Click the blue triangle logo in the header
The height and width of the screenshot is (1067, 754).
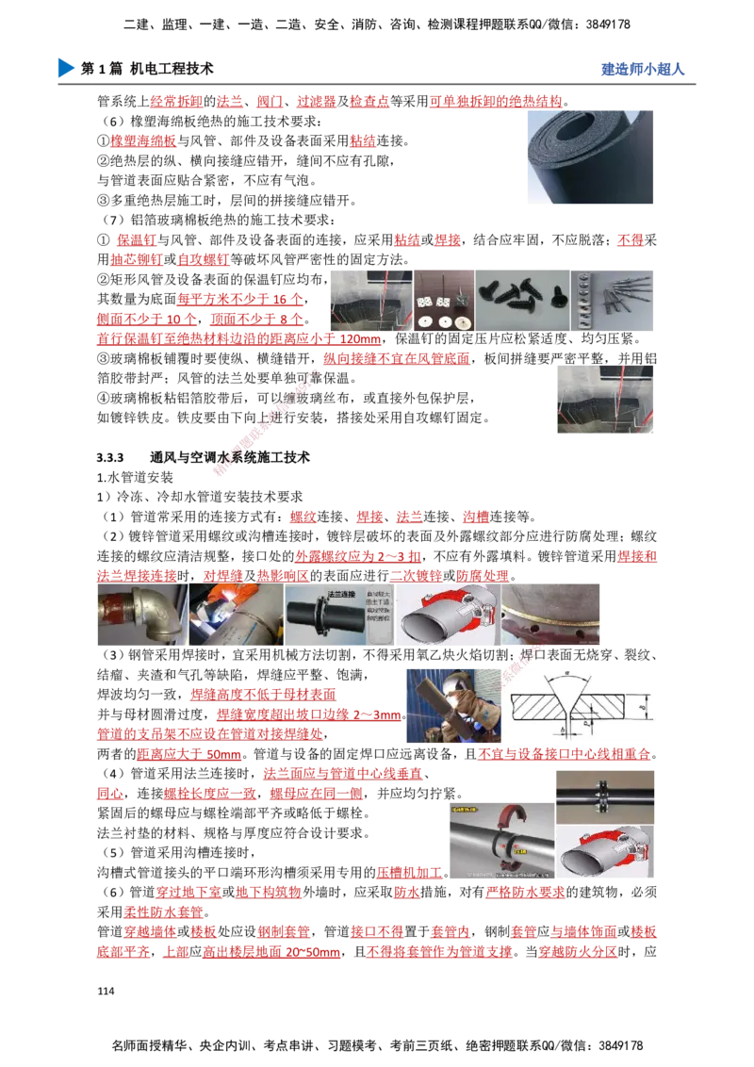(64, 68)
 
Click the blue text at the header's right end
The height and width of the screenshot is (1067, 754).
(642, 69)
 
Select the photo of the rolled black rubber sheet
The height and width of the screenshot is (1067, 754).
(587, 157)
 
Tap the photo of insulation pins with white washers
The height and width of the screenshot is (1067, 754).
(443, 298)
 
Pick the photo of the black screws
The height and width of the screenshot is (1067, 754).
(521, 298)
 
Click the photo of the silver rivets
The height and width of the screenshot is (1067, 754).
(613, 298)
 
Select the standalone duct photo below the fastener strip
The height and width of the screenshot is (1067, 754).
(603, 400)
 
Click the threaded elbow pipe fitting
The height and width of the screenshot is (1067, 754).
(139, 615)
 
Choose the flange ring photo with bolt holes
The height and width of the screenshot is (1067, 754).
(550, 615)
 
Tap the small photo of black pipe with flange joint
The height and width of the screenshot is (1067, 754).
(604, 797)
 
